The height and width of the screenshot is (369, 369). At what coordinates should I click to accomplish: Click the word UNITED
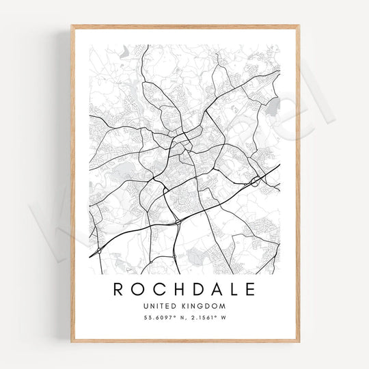pyautogui.click(x=161, y=306)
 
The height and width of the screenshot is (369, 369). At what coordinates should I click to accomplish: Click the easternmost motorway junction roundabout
pyautogui.click(x=255, y=181)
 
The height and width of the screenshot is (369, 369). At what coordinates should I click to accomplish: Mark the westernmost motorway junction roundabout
pyautogui.click(x=100, y=251)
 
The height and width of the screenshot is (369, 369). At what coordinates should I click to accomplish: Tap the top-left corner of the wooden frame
pyautogui.click(x=72, y=26)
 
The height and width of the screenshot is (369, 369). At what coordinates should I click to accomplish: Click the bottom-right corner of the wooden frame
pyautogui.click(x=299, y=341)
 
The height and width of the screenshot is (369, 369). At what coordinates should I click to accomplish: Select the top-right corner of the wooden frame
pyautogui.click(x=299, y=26)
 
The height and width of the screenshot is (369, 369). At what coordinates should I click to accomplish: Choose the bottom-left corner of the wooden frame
pyautogui.click(x=72, y=341)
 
